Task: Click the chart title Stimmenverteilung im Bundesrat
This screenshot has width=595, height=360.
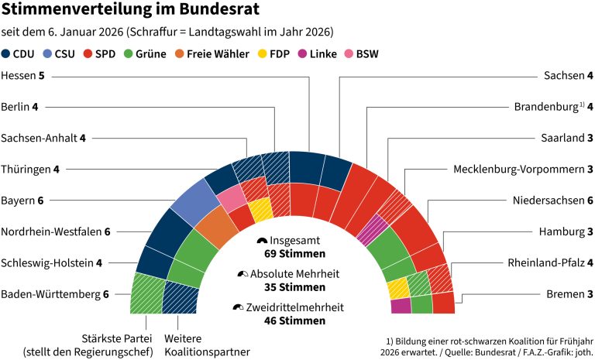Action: point(131,11)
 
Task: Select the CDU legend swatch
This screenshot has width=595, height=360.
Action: point(7,54)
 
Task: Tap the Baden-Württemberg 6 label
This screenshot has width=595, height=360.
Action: point(55,294)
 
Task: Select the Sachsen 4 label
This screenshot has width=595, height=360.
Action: point(568,77)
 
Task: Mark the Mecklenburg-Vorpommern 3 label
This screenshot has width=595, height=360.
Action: point(523,170)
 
